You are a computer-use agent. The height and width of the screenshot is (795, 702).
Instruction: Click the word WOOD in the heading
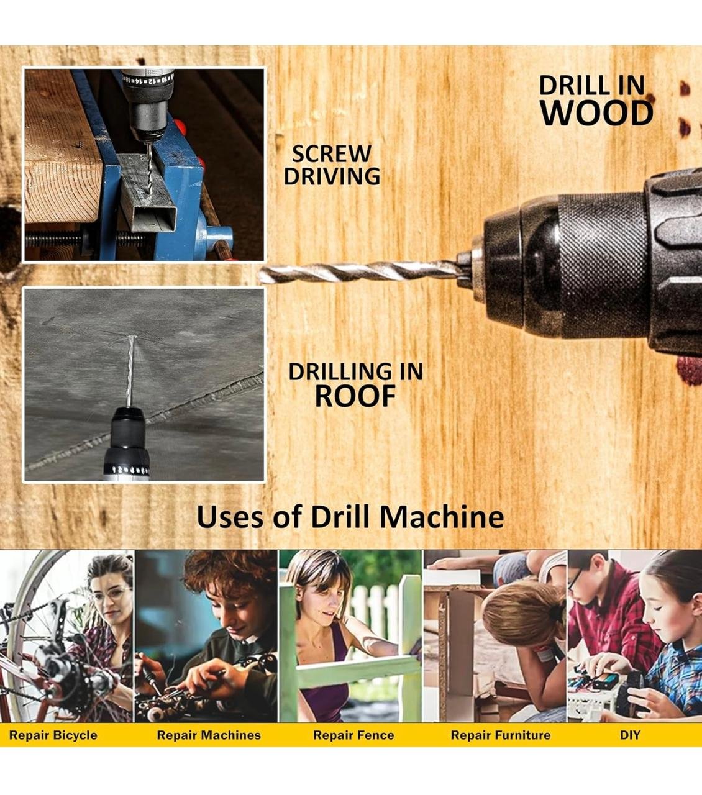(597, 113)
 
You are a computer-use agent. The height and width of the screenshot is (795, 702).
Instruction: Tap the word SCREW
(331, 153)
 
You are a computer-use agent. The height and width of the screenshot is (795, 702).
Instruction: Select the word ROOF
(355, 396)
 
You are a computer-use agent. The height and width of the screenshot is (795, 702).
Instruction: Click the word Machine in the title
(442, 517)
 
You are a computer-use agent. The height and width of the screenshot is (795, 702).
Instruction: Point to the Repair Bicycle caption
(53, 735)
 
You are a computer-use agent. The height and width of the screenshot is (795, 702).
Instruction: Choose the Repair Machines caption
(209, 735)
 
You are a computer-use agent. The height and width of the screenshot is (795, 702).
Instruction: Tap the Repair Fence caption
(353, 735)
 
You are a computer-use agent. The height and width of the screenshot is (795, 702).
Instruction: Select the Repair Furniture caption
(501, 735)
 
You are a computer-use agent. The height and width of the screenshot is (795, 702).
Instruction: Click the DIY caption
(630, 735)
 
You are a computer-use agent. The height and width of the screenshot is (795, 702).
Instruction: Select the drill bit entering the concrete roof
(130, 371)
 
